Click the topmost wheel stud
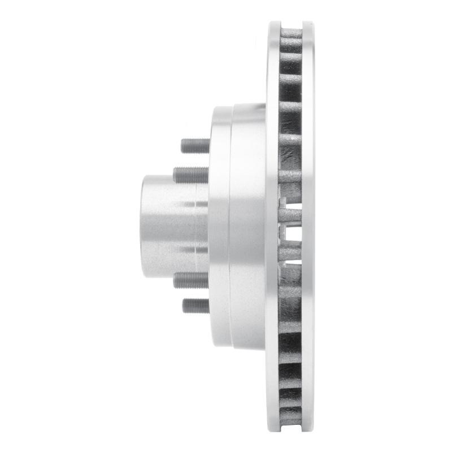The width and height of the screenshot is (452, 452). coord(195,146)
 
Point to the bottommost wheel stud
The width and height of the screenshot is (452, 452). coord(195,306)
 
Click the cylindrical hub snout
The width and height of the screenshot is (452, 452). coord(167,226)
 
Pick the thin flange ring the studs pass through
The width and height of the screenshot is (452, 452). coord(219,226)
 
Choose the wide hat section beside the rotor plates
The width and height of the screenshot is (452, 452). coord(247,226)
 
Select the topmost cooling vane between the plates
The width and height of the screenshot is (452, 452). coord(290,33)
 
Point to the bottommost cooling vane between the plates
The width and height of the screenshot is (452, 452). coord(290,419)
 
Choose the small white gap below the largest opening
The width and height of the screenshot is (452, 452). coord(289,261)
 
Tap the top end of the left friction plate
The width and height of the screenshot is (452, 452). coord(274,26)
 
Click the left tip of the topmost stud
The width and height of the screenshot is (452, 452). coord(182,146)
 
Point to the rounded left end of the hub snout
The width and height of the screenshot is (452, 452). coord(144,226)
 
